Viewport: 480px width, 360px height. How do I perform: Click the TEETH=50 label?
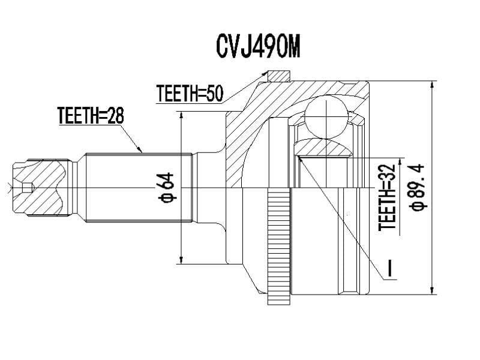pos(189,94)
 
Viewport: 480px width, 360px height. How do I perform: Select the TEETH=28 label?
pos(91,115)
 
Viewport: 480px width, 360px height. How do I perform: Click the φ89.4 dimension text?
pos(417,187)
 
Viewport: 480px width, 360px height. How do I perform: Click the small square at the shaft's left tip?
pos(26,188)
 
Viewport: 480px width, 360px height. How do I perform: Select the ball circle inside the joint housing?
pos(326,118)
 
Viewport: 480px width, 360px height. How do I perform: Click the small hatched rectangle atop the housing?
pos(279,76)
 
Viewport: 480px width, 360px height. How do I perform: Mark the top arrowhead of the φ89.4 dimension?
pos(431,85)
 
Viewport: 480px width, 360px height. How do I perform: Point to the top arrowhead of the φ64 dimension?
pos(180,115)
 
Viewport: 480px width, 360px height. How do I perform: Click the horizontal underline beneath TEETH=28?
pos(91,125)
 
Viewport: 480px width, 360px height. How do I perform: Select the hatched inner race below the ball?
pos(324,148)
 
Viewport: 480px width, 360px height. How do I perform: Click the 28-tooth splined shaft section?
pos(138,187)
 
